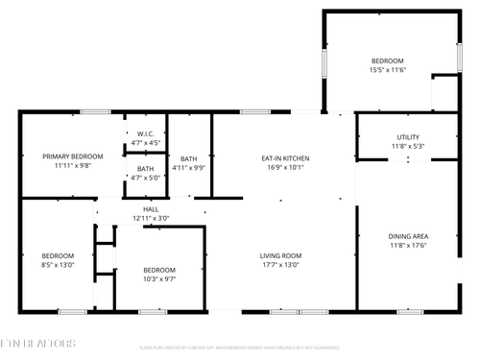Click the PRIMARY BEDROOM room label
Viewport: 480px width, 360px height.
click(72, 156)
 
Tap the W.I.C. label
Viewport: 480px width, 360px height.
click(145, 133)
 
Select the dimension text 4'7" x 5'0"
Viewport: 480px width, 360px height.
click(145, 177)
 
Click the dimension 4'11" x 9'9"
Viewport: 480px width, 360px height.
click(188, 168)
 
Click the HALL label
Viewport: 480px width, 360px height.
click(151, 208)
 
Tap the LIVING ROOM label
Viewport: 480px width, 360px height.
click(281, 255)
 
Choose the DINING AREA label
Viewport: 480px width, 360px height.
click(408, 236)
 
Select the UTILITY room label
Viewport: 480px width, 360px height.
click(408, 137)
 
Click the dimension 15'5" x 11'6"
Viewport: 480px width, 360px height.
click(389, 69)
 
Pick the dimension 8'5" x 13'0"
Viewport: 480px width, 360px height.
click(57, 265)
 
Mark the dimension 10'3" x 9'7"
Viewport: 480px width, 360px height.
click(158, 279)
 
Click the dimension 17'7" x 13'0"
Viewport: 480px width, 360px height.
click(281, 265)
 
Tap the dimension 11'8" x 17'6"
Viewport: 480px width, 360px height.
click(408, 246)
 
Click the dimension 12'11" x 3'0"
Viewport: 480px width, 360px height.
click(151, 218)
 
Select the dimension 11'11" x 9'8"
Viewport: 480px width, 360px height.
click(72, 165)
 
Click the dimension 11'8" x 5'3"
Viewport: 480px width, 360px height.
click(408, 147)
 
